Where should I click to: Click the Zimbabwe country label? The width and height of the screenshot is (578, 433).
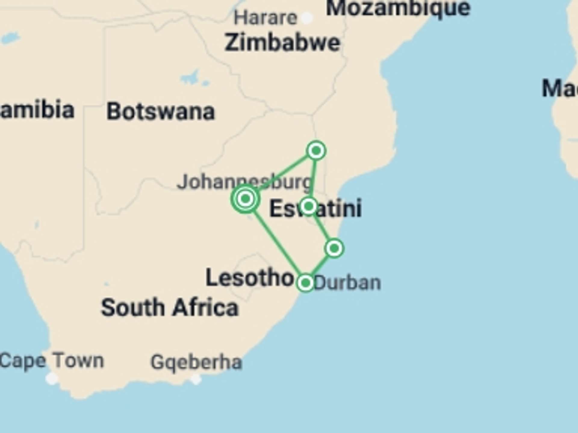point(282,43)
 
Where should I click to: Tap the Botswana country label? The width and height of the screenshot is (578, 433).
point(161,112)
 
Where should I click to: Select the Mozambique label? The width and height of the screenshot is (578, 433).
point(398,8)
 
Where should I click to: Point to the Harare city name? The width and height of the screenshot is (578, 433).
point(266,18)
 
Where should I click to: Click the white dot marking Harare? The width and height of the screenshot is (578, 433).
point(307,18)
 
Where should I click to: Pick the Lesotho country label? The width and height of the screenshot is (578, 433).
point(250,278)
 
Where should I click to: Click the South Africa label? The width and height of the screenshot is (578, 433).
point(170,308)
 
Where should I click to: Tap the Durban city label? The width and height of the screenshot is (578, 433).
point(347,283)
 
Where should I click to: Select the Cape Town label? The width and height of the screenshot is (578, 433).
point(52,361)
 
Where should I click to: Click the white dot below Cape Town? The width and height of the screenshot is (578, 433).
point(52,379)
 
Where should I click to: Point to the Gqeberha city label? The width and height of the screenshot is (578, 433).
point(196,362)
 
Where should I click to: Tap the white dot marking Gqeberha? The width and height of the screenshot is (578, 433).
point(196,379)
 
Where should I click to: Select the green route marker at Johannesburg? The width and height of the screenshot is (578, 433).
point(245,198)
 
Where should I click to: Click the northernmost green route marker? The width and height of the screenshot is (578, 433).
point(316,150)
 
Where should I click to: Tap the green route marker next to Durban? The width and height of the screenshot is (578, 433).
point(306,283)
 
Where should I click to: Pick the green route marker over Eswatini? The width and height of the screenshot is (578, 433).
point(309,206)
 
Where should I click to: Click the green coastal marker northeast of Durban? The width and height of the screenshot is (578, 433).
point(334,248)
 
